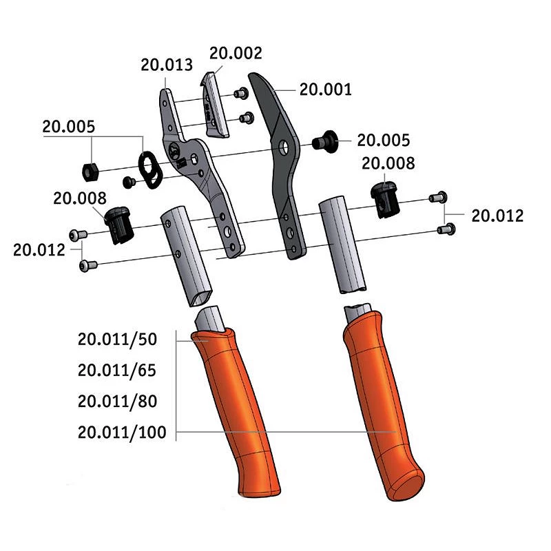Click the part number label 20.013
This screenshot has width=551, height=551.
[166, 65]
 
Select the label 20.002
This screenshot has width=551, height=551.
[236, 52]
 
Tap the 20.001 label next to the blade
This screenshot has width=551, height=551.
[325, 89]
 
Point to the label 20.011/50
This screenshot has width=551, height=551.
[118, 340]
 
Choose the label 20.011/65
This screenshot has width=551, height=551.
[118, 371]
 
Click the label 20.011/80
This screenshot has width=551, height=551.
[118, 401]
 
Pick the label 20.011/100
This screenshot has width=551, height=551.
[121, 432]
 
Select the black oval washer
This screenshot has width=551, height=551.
[149, 167]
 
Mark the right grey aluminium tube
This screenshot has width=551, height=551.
[342, 245]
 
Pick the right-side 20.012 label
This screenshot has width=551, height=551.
[497, 216]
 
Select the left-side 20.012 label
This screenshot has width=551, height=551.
[39, 249]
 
